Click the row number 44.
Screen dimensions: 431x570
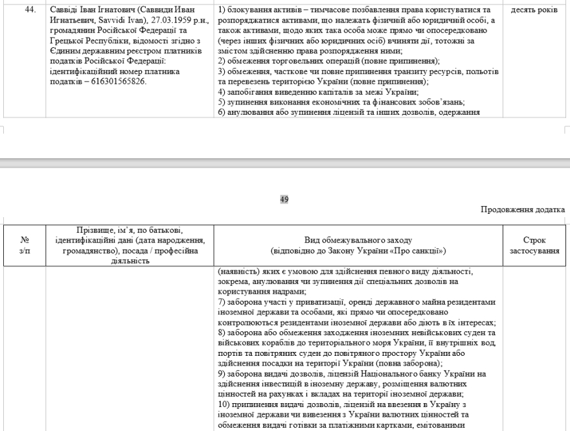pyautogui.click(x=28, y=11)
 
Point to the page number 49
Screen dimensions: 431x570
pyautogui.click(x=284, y=200)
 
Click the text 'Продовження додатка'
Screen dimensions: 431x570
pyautogui.click(x=521, y=211)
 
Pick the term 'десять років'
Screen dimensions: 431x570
pyautogui.click(x=534, y=11)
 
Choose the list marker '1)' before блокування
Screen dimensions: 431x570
pyautogui.click(x=222, y=11)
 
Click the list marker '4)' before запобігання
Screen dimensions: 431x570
pyautogui.click(x=222, y=93)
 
